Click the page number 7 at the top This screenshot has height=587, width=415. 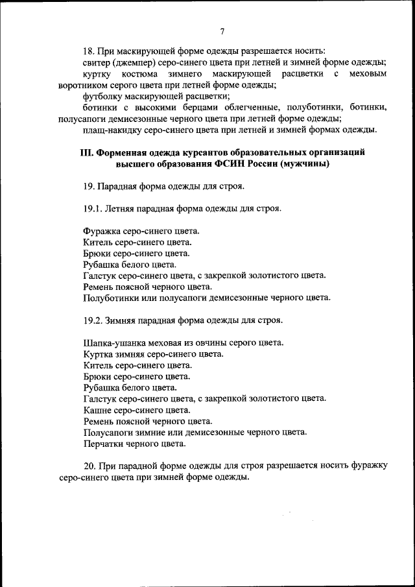pos(222,31)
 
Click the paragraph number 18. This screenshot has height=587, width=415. pos(89,51)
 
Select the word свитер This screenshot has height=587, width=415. pos(97,62)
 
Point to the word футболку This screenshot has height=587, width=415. pos(104,96)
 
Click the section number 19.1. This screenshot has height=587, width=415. pos(95,209)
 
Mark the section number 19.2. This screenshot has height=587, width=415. pos(95,320)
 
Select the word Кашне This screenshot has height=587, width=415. pos(97,410)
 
